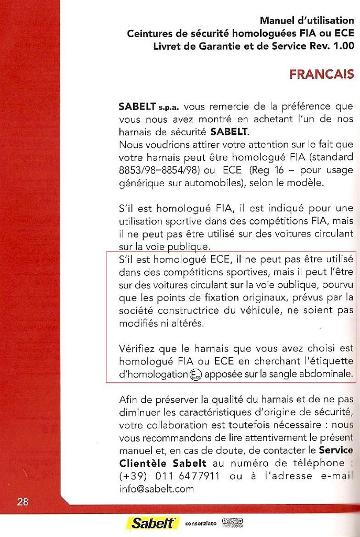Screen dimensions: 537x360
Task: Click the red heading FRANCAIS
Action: (x=322, y=74)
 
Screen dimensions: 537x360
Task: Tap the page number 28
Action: (x=23, y=502)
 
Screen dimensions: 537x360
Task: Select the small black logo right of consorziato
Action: (x=233, y=523)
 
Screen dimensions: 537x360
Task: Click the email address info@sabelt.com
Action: (x=156, y=489)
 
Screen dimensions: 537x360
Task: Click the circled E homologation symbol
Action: (x=196, y=375)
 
